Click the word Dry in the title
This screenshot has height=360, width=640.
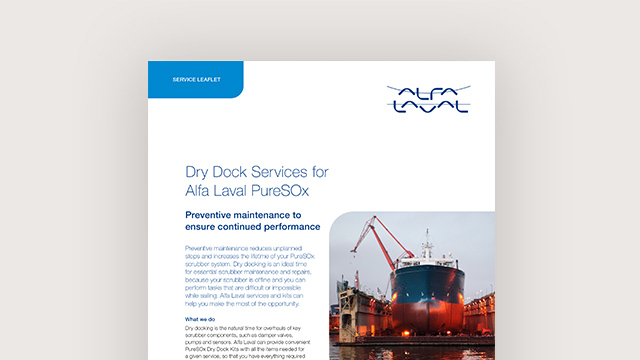coord(201,172)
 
